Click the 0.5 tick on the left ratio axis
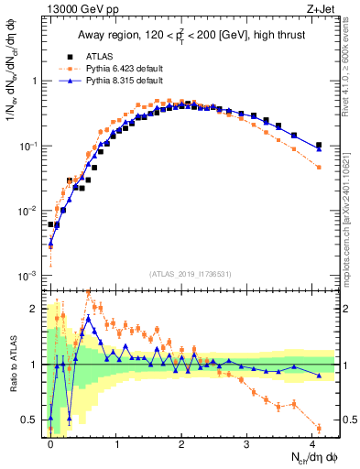pos(30,420)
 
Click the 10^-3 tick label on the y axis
pos(27,276)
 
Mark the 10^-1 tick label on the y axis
pos(27,146)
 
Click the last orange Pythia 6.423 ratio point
pos(319,428)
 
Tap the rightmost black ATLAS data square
pos(319,145)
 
